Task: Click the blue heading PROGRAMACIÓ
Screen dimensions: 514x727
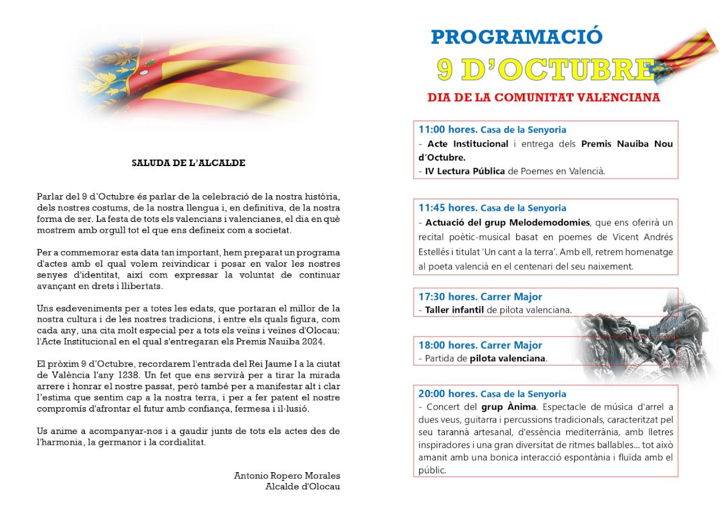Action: point(517,36)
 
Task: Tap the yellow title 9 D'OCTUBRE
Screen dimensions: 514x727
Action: point(545,70)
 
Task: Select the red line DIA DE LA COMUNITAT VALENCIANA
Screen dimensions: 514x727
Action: point(543,98)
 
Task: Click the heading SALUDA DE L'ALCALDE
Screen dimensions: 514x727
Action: point(188,163)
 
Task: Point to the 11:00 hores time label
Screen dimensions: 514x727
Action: point(448,129)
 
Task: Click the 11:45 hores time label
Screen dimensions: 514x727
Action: point(448,208)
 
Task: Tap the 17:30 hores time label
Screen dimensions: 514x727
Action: point(448,297)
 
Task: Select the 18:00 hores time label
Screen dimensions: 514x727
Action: point(448,345)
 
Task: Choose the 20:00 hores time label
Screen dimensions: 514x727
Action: point(448,394)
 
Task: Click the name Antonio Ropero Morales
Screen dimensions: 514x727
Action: point(287,476)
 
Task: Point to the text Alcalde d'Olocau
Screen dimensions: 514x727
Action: point(302,486)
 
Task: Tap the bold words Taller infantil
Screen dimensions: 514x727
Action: point(453,310)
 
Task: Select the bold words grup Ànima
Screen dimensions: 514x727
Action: point(503,407)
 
